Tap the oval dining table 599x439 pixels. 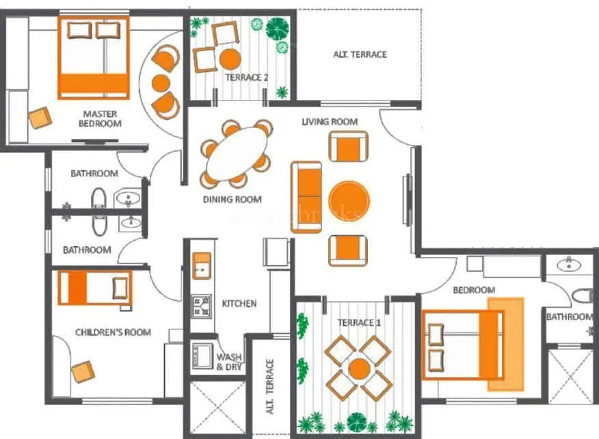(237, 154)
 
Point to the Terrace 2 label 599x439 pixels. (246, 77)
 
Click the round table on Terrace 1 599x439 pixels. (358, 369)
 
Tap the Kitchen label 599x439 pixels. (239, 303)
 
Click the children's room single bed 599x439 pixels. (94, 288)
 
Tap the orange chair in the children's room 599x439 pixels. (83, 371)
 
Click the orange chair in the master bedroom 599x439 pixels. (40, 118)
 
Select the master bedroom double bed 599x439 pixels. (94, 57)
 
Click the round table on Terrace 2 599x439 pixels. (230, 59)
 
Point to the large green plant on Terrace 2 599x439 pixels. (278, 29)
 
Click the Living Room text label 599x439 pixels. (330, 122)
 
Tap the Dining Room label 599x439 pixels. (232, 200)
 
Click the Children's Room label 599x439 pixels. (113, 332)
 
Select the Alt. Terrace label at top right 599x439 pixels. (360, 55)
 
